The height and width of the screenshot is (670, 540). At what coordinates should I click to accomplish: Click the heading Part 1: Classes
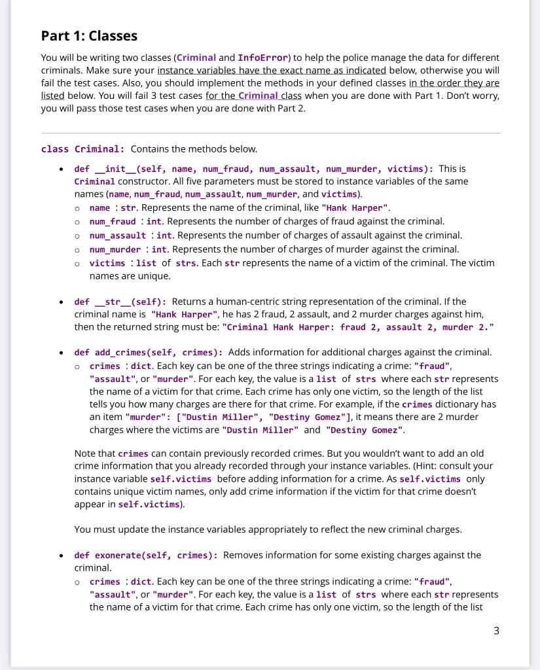click(89, 35)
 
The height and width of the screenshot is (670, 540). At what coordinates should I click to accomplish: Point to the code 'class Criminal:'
click(79, 149)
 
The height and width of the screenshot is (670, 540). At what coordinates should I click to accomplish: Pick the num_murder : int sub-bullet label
click(115, 249)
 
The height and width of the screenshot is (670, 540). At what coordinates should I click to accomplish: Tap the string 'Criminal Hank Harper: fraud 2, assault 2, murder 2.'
click(358, 327)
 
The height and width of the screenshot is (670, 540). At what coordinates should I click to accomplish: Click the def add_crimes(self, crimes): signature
click(149, 353)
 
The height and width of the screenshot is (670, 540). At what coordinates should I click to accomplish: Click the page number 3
click(496, 631)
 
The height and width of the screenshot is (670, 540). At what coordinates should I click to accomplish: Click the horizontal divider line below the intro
click(270, 133)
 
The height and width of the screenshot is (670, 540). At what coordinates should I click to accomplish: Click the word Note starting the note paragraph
click(86, 453)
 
